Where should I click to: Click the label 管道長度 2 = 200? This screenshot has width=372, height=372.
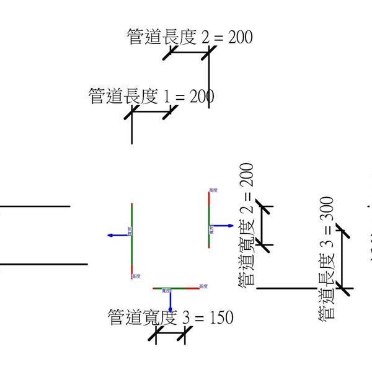(190, 37)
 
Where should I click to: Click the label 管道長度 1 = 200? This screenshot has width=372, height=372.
(152, 97)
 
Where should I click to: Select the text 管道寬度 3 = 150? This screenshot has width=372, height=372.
(170, 317)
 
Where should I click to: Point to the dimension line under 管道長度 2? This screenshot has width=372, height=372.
(188, 53)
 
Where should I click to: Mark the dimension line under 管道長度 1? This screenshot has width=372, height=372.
(151, 112)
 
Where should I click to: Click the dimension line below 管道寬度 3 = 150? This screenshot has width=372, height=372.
(170, 337)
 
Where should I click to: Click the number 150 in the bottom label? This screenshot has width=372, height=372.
(221, 317)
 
